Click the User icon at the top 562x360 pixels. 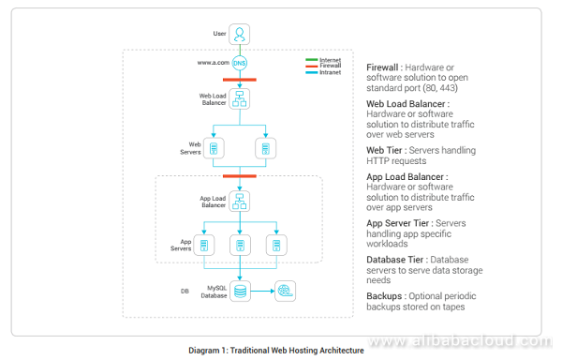240,36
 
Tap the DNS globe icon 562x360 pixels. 240,63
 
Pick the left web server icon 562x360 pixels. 214,149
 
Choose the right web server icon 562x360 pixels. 266,149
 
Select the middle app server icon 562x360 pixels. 241,246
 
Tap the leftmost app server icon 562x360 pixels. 205,246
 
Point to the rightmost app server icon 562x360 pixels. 275,246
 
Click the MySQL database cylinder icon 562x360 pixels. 240,292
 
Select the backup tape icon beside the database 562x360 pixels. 284,292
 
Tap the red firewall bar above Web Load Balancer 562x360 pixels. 240,80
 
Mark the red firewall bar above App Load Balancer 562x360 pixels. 240,175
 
